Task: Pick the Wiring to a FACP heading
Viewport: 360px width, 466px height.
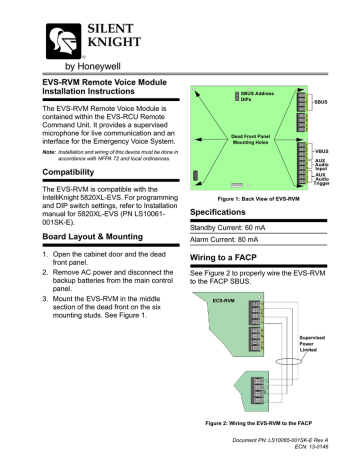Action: [231, 286]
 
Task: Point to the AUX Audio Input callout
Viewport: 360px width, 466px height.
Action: [322, 163]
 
